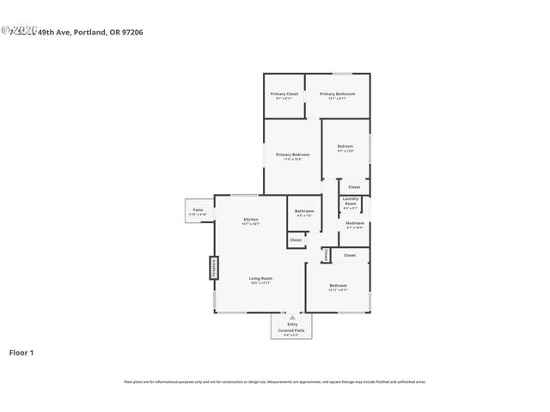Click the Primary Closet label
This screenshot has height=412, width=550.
click(284, 95)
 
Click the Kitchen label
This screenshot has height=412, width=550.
click(250, 221)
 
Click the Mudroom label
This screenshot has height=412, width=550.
click(354, 225)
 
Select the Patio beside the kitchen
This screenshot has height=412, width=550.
click(198, 211)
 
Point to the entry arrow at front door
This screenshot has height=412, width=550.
click(292, 317)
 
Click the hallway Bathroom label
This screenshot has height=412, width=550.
click(304, 212)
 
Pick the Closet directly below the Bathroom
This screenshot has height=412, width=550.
click(295, 240)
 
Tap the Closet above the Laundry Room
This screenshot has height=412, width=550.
click(353, 186)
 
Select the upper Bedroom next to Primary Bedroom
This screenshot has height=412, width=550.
click(345, 148)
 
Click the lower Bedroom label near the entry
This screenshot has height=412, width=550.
click(338, 287)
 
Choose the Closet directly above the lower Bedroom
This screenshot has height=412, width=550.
click(349, 255)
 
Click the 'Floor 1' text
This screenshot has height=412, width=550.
click(21, 352)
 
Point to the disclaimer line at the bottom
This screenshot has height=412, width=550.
click(275, 382)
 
